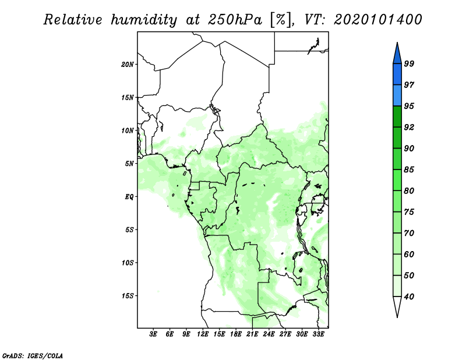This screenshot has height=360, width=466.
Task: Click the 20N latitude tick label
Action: [128, 64]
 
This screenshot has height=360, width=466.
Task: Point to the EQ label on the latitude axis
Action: [129, 197]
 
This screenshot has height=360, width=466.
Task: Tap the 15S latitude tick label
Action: [128, 296]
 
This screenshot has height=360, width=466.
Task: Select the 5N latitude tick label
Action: [129, 164]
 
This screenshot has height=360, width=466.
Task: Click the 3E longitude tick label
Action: [153, 334]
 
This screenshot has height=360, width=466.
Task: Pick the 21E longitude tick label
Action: [252, 334]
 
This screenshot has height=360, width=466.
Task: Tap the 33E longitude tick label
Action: [318, 334]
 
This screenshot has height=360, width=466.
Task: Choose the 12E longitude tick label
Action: [203, 334]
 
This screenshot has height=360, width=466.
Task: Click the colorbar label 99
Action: [409, 63]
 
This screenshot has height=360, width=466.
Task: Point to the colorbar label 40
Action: [409, 297]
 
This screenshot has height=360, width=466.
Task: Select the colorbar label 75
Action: [409, 212]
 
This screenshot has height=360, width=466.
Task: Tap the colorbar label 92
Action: [409, 127]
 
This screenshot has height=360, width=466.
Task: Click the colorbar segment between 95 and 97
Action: [397, 96]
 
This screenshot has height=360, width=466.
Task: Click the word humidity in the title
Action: [144, 20]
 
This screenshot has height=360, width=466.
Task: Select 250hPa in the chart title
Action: [235, 20]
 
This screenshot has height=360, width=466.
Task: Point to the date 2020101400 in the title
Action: [377, 20]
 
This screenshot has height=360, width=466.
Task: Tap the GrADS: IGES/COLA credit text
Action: [33, 355]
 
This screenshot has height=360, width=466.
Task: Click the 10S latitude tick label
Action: [128, 263]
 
